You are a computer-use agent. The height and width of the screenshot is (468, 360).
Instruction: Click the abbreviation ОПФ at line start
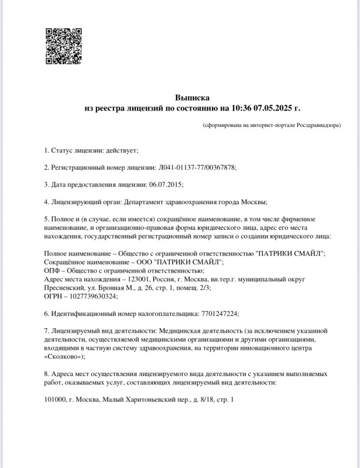(53, 271)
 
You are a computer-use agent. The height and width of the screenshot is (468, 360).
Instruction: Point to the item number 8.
(47, 373)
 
